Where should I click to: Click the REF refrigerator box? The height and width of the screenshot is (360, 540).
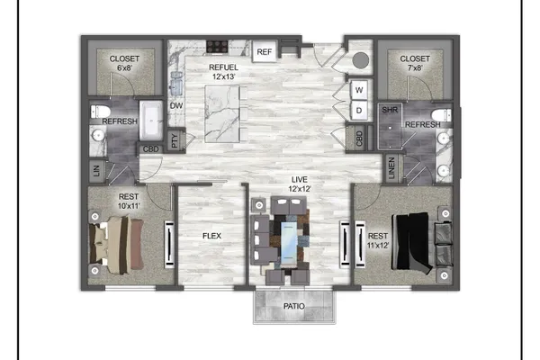(264, 51)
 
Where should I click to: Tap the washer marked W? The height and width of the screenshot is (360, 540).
(359, 90)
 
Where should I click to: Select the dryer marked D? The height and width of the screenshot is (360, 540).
(359, 110)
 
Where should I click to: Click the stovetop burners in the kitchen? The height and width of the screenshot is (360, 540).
(217, 47)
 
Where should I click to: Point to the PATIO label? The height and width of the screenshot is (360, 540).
(293, 306)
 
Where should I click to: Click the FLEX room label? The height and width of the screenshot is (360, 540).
(211, 236)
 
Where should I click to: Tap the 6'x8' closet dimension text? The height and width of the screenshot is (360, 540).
(124, 67)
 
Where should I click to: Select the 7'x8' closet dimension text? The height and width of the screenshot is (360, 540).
(415, 67)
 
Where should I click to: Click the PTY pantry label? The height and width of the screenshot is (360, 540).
(175, 140)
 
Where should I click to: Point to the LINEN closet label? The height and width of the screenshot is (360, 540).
(391, 168)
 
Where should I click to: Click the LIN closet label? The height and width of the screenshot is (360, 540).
(96, 170)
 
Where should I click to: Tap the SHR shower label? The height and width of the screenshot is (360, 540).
(390, 110)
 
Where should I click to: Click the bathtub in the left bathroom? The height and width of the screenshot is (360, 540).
(151, 121)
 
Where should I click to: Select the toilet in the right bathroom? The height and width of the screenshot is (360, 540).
(442, 114)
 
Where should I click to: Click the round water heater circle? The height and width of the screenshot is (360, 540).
(361, 60)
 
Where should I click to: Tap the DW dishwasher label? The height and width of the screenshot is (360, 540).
(176, 106)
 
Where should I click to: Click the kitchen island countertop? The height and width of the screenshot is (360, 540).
(222, 114)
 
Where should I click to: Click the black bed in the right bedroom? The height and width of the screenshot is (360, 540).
(412, 241)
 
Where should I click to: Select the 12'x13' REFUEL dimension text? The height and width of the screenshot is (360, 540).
(223, 76)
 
